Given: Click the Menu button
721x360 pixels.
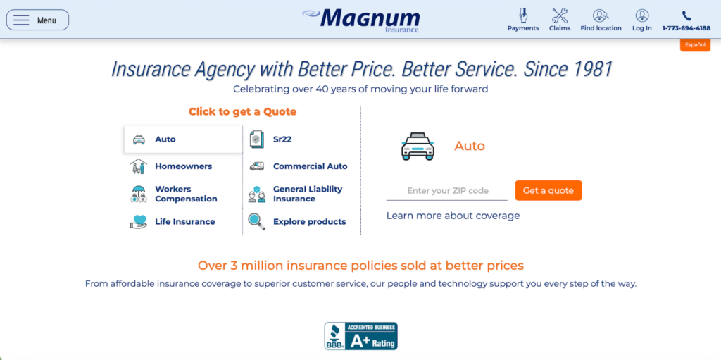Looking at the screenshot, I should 37,20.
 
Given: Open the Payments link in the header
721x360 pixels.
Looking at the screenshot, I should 523,20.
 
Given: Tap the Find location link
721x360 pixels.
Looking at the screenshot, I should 601,20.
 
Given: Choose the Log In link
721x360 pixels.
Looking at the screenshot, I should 641,20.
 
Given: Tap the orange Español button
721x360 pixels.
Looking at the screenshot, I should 695,45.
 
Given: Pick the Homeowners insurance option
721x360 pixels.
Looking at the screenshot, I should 182,166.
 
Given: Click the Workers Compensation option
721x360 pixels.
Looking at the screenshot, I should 185,194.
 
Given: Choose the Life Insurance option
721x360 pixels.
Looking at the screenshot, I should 184,221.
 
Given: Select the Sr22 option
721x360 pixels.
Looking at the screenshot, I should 282,139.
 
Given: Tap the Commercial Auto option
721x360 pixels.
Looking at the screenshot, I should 310,166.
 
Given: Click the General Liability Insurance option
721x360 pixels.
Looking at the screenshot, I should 307,194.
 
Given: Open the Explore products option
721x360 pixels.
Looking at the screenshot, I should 309,221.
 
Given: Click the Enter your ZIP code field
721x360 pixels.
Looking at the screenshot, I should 447,191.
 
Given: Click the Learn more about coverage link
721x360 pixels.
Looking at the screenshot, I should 453,216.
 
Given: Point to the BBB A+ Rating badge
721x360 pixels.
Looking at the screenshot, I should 360,336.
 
